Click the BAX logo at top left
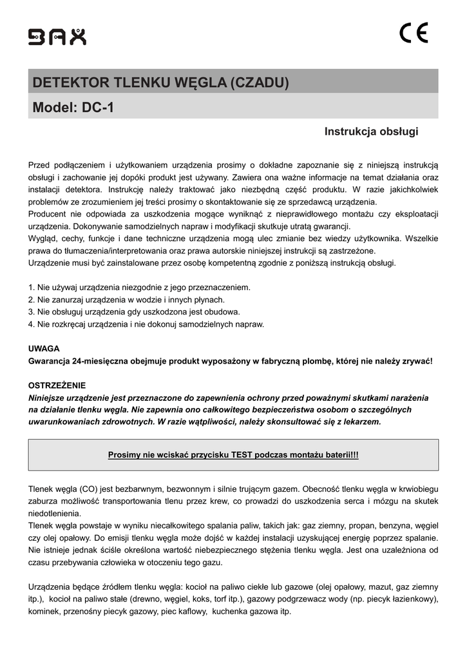click(x=57, y=37)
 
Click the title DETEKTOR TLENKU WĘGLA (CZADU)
click(x=161, y=83)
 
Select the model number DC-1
click(x=98, y=108)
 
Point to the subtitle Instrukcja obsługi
click(x=371, y=132)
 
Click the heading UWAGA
click(x=44, y=349)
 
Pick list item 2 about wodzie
click(x=127, y=300)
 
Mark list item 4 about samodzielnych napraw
click(x=146, y=324)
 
